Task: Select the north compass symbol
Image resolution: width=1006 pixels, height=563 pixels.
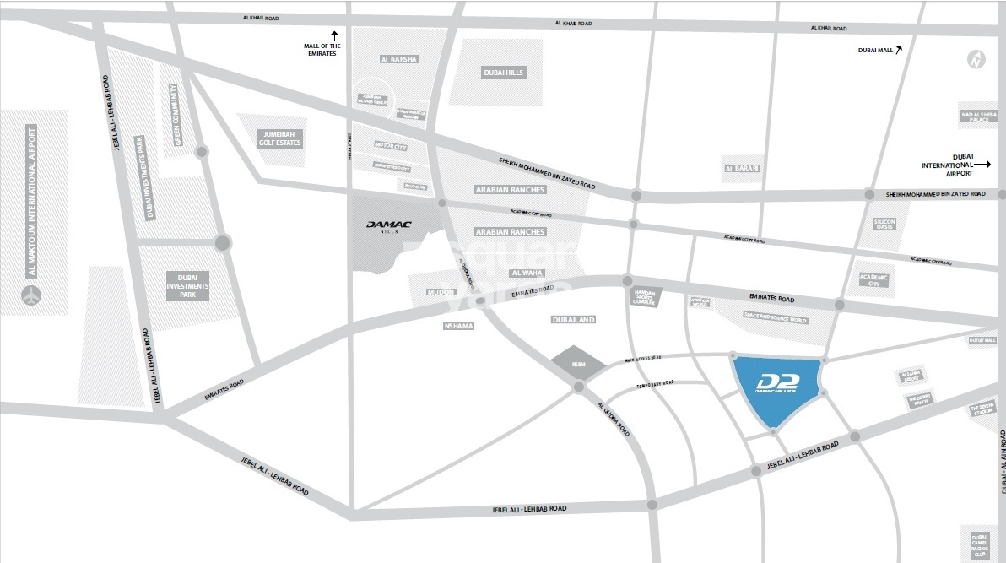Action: click(976, 60)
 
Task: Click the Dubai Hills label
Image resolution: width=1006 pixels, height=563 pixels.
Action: click(504, 73)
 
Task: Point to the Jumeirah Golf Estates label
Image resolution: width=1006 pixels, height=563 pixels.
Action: click(281, 138)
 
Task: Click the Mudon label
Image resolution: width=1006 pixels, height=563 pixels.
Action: click(441, 292)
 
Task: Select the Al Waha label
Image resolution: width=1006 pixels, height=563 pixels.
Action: click(527, 273)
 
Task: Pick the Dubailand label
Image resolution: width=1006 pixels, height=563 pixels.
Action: click(574, 320)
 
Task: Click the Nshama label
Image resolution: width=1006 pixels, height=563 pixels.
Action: click(462, 326)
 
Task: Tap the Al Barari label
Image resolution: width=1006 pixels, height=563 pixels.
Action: click(742, 168)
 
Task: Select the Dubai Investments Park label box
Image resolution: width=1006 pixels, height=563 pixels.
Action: click(187, 286)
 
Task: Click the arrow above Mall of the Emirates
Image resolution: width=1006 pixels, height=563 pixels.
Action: click(334, 35)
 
